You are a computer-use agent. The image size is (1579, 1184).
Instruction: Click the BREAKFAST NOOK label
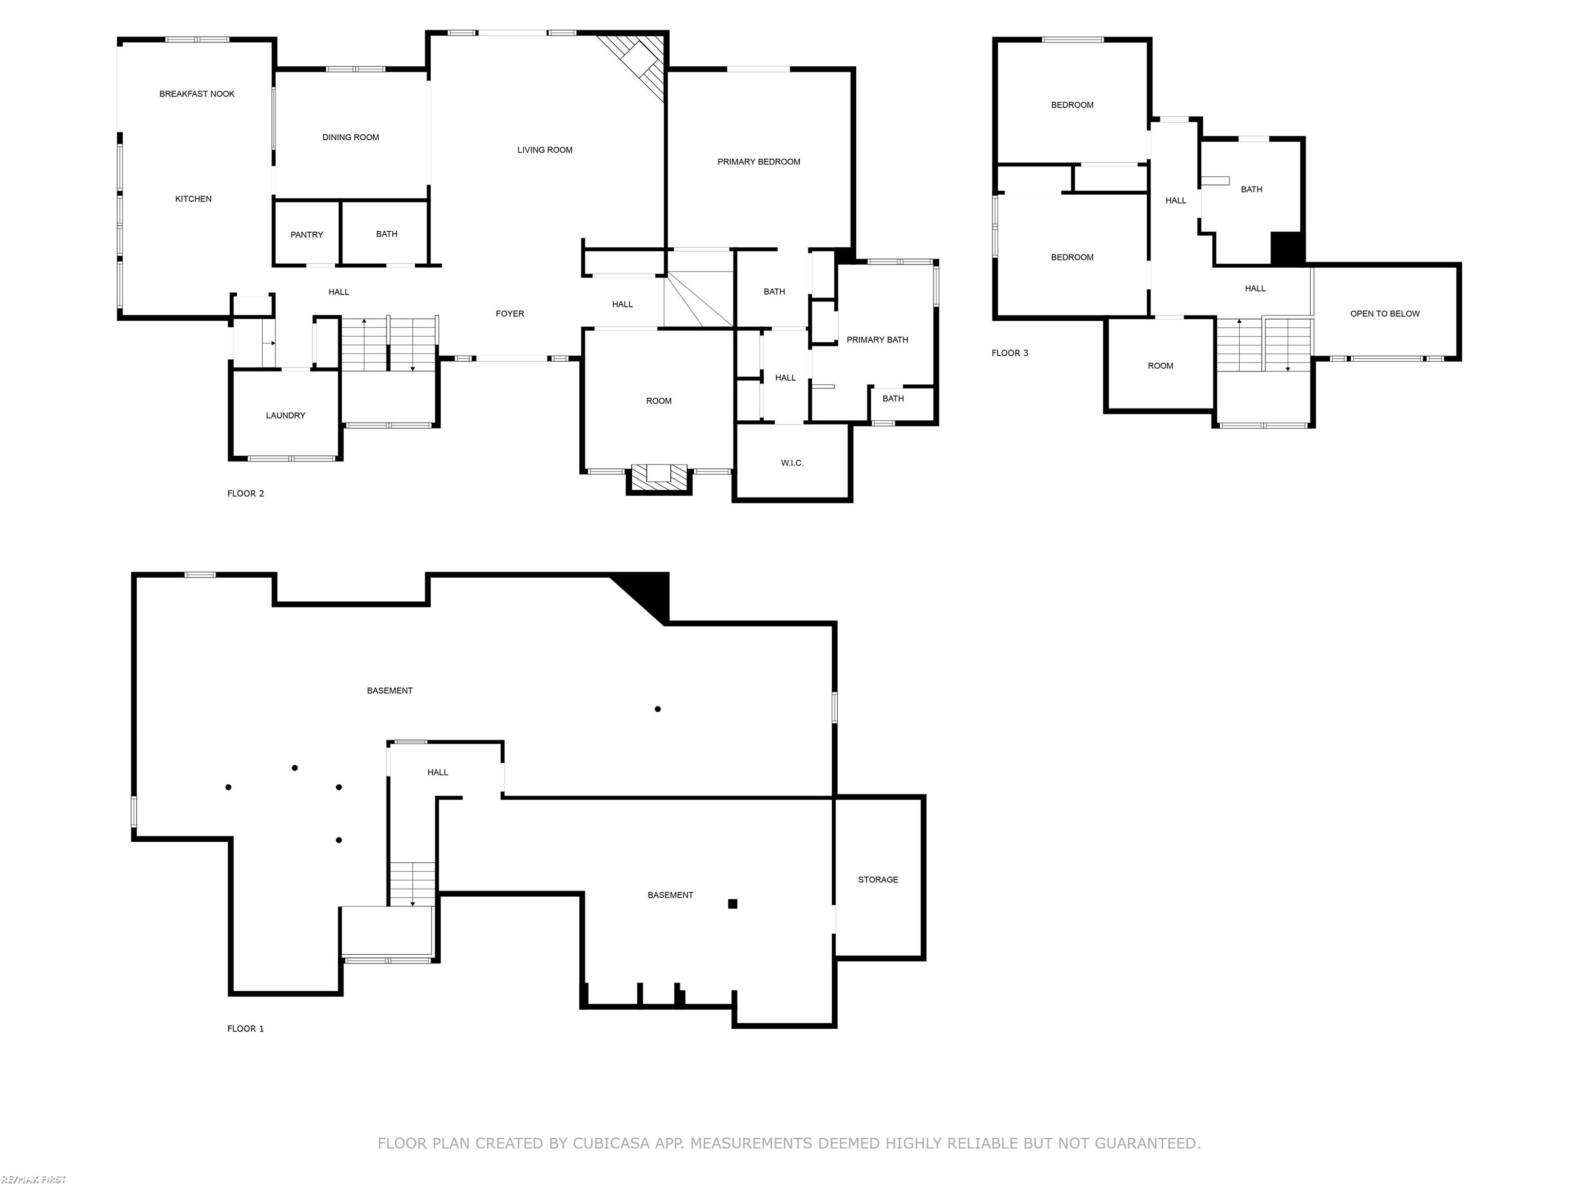tap(196, 94)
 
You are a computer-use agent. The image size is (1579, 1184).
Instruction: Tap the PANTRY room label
tap(306, 235)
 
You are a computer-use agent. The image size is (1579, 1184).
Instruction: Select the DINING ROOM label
tap(351, 137)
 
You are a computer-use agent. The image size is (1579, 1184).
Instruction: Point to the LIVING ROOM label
tap(545, 150)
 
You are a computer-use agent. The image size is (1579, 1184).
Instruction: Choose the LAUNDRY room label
tap(286, 415)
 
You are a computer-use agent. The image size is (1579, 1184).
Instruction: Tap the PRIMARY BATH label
tap(877, 340)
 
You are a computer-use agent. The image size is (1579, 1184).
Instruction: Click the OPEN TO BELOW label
tap(1385, 313)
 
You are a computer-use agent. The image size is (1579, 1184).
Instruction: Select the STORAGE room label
tap(878, 879)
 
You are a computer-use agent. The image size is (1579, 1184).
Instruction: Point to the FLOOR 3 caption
tap(1009, 353)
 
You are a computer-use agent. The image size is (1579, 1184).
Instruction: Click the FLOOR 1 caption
tap(246, 1028)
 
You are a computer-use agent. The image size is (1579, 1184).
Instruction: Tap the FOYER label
tap(510, 313)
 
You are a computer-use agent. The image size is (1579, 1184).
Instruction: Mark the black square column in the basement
tap(732, 903)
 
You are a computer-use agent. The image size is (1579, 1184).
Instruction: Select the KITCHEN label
tap(193, 199)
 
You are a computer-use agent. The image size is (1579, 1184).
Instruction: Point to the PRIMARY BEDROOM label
tap(759, 162)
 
